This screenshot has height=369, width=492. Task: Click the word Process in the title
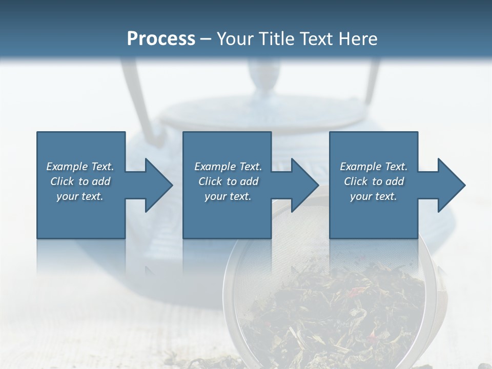click(161, 39)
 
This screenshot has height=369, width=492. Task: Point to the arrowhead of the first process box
click(156, 185)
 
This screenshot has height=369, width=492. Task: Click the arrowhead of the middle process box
click(303, 185)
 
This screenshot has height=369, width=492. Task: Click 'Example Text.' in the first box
click(80, 167)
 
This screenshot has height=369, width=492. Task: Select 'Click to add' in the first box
click(80, 181)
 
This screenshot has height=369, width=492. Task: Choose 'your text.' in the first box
click(80, 196)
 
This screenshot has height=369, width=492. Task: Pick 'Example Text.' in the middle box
click(228, 167)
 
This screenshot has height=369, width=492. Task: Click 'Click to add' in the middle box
click(228, 181)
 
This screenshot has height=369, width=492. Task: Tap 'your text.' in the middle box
click(228, 196)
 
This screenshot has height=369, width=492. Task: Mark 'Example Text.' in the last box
click(374, 167)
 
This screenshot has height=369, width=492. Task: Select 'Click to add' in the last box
click(374, 181)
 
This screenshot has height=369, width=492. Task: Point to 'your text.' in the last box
click(374, 196)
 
